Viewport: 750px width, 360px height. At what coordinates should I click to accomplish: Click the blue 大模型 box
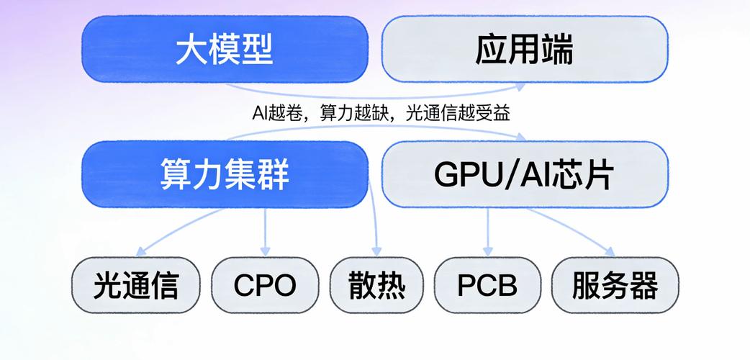[224, 49]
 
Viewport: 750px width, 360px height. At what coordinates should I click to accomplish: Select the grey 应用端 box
[525, 49]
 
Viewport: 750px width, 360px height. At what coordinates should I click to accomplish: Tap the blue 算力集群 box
[224, 174]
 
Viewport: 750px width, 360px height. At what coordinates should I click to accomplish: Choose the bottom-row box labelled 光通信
[135, 286]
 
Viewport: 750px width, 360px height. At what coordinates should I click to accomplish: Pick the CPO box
[265, 286]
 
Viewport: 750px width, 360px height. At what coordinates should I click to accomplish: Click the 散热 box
[376, 286]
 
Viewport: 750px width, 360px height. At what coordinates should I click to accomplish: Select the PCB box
[487, 286]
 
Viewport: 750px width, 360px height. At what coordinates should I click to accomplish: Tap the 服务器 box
[615, 286]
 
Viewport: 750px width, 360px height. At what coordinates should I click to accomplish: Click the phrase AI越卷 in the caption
[272, 113]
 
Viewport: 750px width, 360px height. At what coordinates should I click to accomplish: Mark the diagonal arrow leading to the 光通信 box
[180, 230]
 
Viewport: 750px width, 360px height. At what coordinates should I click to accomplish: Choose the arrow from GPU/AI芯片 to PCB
[487, 230]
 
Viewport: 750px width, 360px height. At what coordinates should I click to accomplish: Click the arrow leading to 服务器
[572, 230]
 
